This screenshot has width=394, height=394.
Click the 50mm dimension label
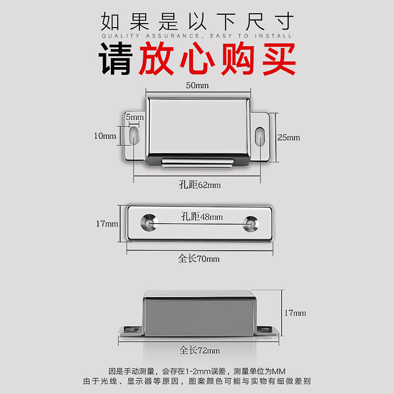(197, 85)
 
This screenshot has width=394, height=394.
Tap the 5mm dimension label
(134, 117)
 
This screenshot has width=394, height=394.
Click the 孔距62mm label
(199, 185)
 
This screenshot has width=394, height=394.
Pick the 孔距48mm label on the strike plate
(201, 216)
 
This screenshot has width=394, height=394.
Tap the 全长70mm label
(199, 259)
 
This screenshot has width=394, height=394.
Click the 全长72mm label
(199, 350)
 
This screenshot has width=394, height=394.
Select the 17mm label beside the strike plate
(107, 224)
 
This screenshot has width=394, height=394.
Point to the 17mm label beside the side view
(295, 313)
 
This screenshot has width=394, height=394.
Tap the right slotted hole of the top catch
(260, 136)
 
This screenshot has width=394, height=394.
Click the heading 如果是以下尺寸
(197, 21)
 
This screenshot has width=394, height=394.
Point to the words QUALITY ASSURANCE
(148, 36)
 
